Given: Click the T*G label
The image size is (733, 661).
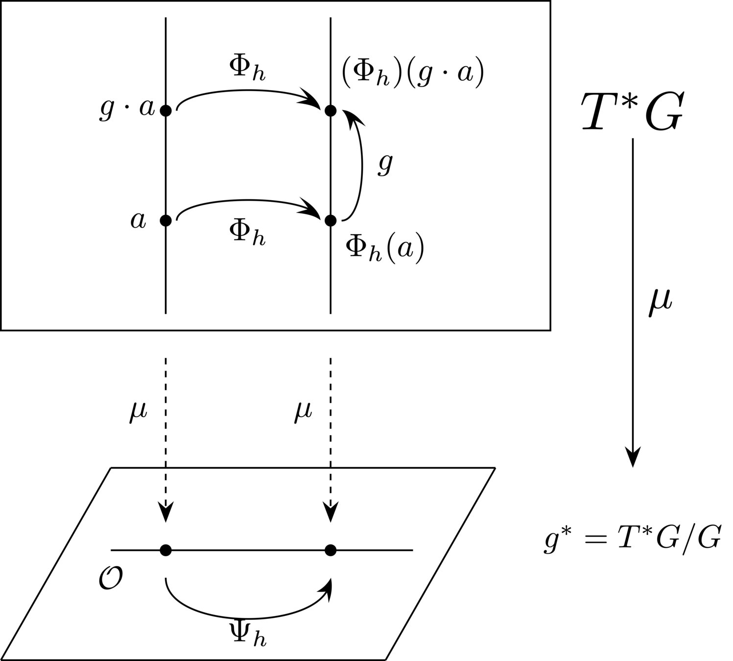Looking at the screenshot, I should point(632,113).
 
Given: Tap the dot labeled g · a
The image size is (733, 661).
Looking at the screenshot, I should point(166,111).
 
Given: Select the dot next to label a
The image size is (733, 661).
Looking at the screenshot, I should point(166,220).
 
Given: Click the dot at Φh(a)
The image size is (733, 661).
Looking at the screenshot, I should point(331,220).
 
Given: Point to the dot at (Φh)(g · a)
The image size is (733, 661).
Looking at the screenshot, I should point(331,111).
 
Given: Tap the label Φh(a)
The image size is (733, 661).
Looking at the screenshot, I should point(384,249).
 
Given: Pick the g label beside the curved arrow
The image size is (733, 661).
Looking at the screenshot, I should point(385,164).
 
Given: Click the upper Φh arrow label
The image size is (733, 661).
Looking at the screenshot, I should point(247,68).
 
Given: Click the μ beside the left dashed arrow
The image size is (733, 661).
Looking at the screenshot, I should point(138,412).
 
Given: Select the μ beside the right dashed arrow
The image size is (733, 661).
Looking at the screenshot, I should point(303,412).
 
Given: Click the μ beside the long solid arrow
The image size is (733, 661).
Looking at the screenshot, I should point(660,302).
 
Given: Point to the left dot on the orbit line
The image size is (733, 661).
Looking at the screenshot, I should point(166,550).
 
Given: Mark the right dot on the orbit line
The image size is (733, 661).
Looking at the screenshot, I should point(331,550).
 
